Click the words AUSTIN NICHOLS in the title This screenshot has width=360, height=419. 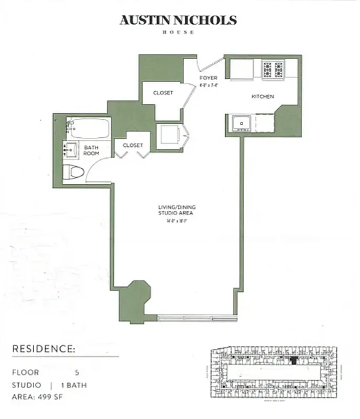click(x=178, y=20)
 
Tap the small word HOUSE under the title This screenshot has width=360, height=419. click(x=178, y=32)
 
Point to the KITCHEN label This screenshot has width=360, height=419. click(x=263, y=96)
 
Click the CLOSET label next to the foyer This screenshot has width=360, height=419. click(x=163, y=93)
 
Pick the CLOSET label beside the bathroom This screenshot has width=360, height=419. click(x=133, y=145)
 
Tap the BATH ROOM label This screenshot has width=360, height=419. click(x=91, y=150)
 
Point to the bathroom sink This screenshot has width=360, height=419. click(x=71, y=149)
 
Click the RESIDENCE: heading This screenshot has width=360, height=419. click(x=43, y=348)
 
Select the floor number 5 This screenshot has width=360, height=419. click(x=77, y=372)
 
